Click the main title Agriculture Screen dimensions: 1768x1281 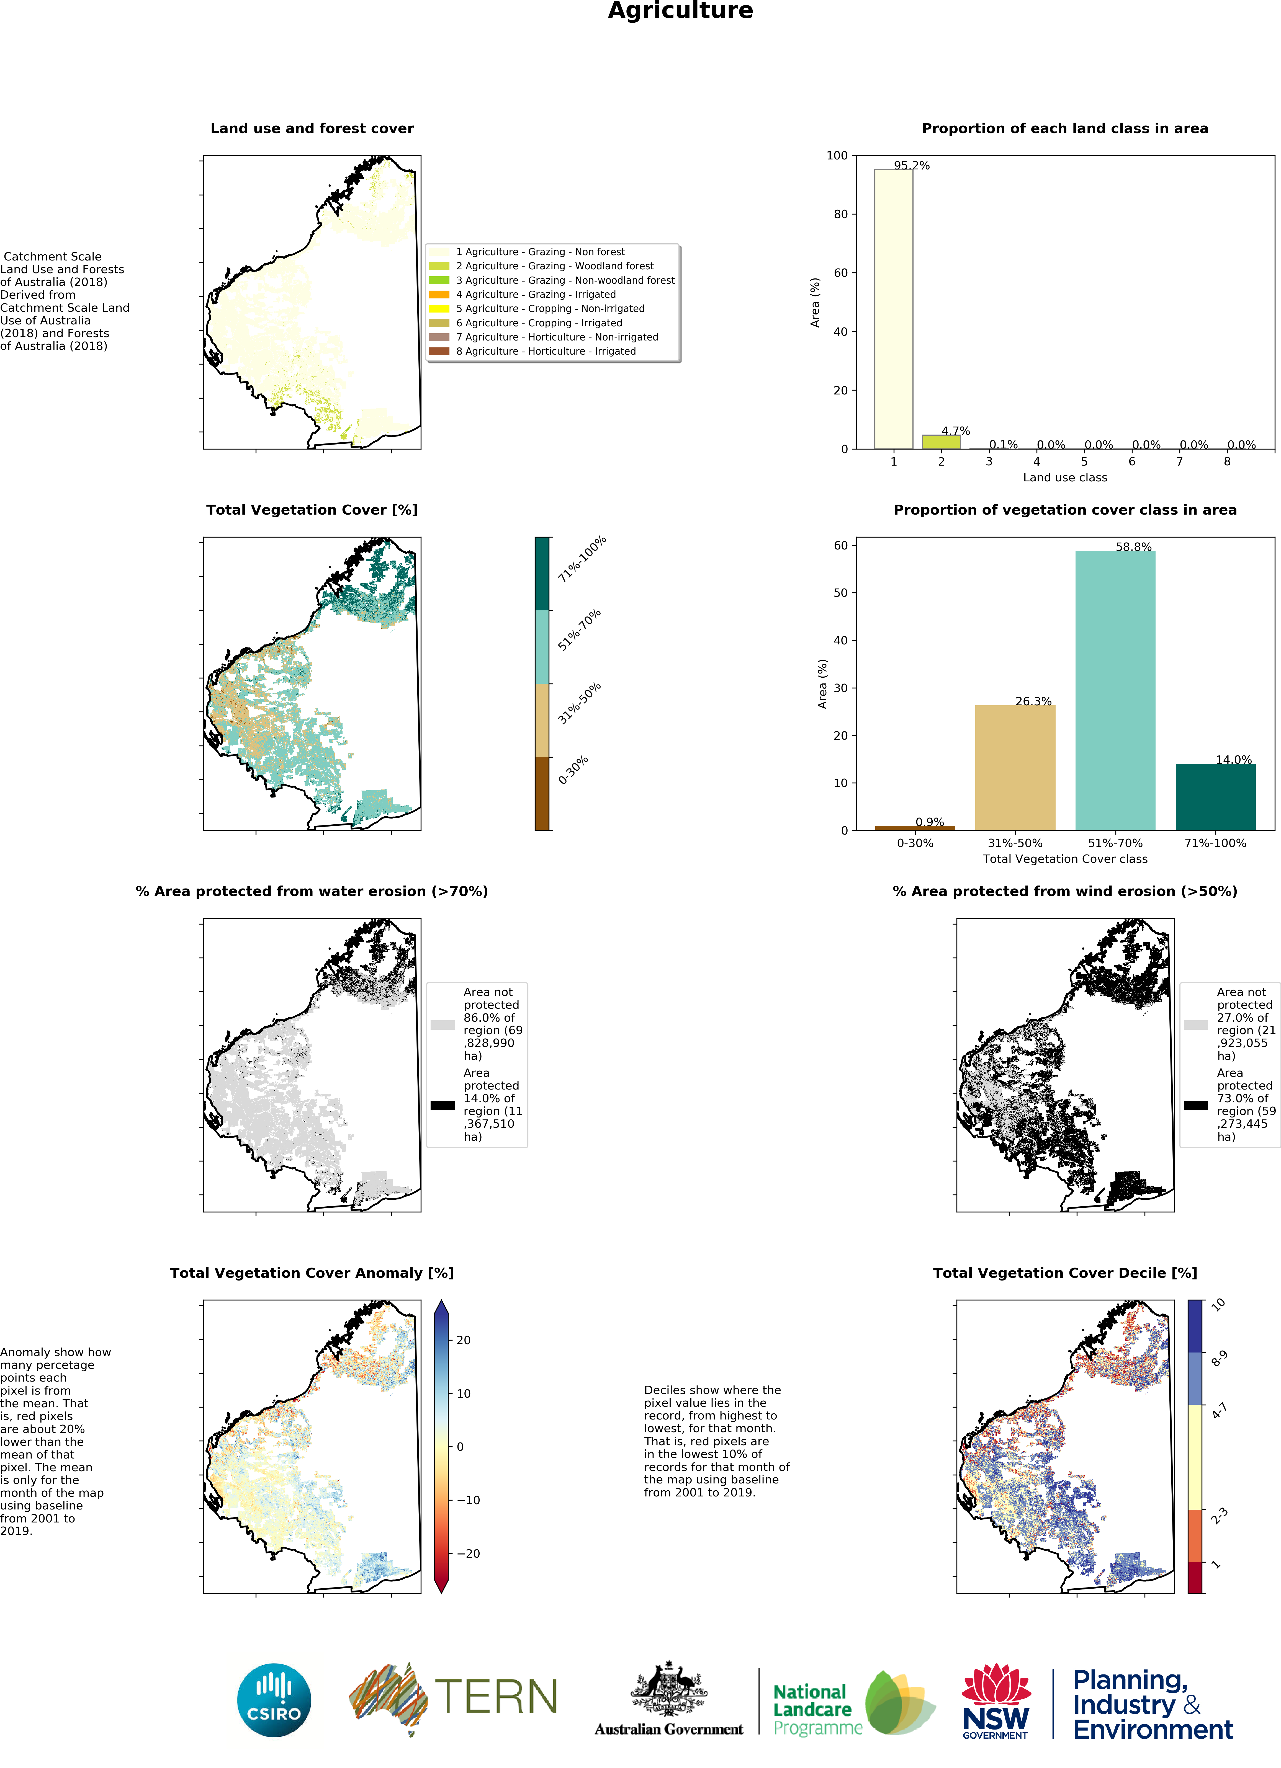point(680,11)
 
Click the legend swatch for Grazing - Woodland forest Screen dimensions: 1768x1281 point(439,266)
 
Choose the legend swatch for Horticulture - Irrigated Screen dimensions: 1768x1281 point(439,352)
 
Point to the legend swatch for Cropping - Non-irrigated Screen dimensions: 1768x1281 point(439,309)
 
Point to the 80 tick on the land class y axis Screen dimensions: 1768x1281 point(840,214)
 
